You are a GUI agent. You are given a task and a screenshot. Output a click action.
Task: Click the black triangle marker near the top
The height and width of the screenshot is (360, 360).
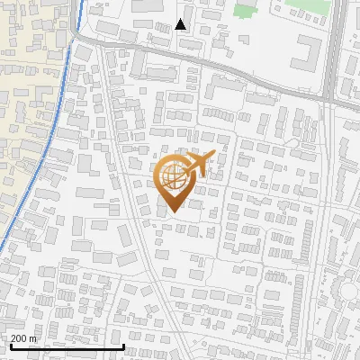pyautogui.click(x=181, y=24)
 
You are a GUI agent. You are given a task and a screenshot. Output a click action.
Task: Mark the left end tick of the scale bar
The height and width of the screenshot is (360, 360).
pyautogui.click(x=9, y=346)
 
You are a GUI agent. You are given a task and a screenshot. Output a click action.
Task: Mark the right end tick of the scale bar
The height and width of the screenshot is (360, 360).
pyautogui.click(x=123, y=346)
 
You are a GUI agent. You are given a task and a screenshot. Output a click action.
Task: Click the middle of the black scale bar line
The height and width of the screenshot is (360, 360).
pyautogui.click(x=66, y=346)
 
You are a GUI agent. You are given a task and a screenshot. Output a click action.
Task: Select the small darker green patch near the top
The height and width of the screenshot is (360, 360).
pyautogui.click(x=244, y=12)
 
